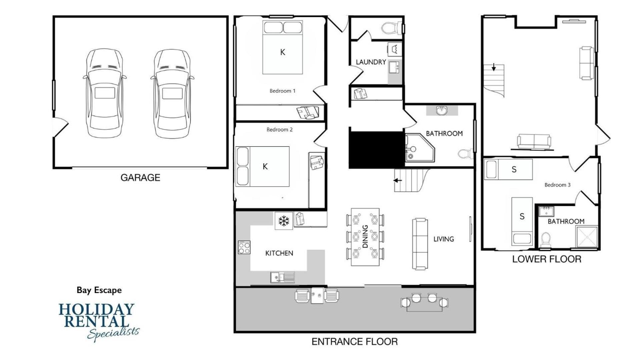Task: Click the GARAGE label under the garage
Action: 140,178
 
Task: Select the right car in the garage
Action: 172,94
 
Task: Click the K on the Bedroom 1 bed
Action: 282,52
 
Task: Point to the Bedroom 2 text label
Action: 279,129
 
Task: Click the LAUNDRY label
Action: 371,62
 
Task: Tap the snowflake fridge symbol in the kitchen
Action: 284,221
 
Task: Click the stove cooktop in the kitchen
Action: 244,247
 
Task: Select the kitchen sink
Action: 282,277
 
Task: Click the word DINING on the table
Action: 365,236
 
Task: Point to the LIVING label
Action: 444,239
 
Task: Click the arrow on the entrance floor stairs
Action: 397,181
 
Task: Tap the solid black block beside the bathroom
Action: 377,150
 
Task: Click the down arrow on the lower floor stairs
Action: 494,67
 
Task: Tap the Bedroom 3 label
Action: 557,185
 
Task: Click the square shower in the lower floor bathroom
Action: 587,237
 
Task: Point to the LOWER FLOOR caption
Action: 547,259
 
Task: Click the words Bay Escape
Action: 99,290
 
